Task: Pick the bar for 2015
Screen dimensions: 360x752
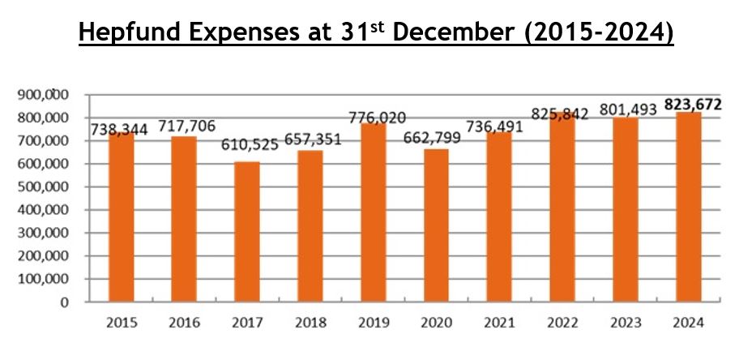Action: coord(121,217)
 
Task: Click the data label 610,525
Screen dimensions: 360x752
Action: coord(248,145)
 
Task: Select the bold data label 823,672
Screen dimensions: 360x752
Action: coord(692,105)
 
